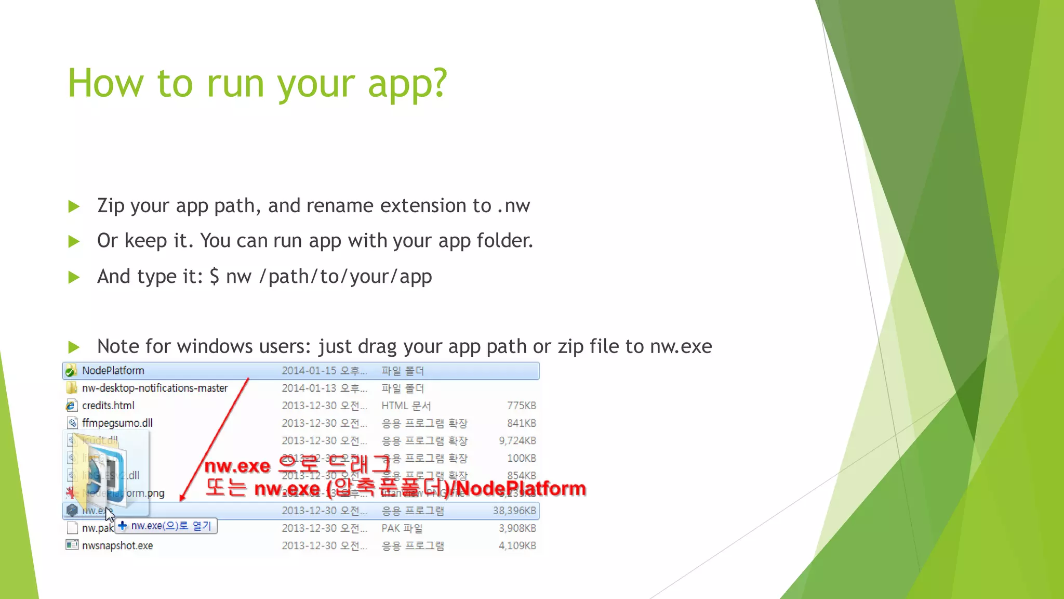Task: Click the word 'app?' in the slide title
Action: coord(407,84)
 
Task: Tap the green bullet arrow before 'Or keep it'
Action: coord(74,241)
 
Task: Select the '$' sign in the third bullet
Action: coord(214,276)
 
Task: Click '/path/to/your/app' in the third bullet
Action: coord(345,277)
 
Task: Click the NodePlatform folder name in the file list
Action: coord(113,371)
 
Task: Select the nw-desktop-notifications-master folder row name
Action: coord(154,388)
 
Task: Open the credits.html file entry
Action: coord(108,406)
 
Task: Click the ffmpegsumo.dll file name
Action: coord(117,423)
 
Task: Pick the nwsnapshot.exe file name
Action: coord(117,545)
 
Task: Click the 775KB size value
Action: coord(521,406)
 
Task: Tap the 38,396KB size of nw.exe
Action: coord(514,511)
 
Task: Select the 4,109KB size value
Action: coord(517,545)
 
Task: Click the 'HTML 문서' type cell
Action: coord(406,406)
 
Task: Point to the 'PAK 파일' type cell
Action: coord(402,528)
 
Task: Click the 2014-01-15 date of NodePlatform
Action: coord(309,371)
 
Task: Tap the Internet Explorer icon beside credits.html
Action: coord(71,406)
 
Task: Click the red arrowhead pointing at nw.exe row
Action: coord(182,498)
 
